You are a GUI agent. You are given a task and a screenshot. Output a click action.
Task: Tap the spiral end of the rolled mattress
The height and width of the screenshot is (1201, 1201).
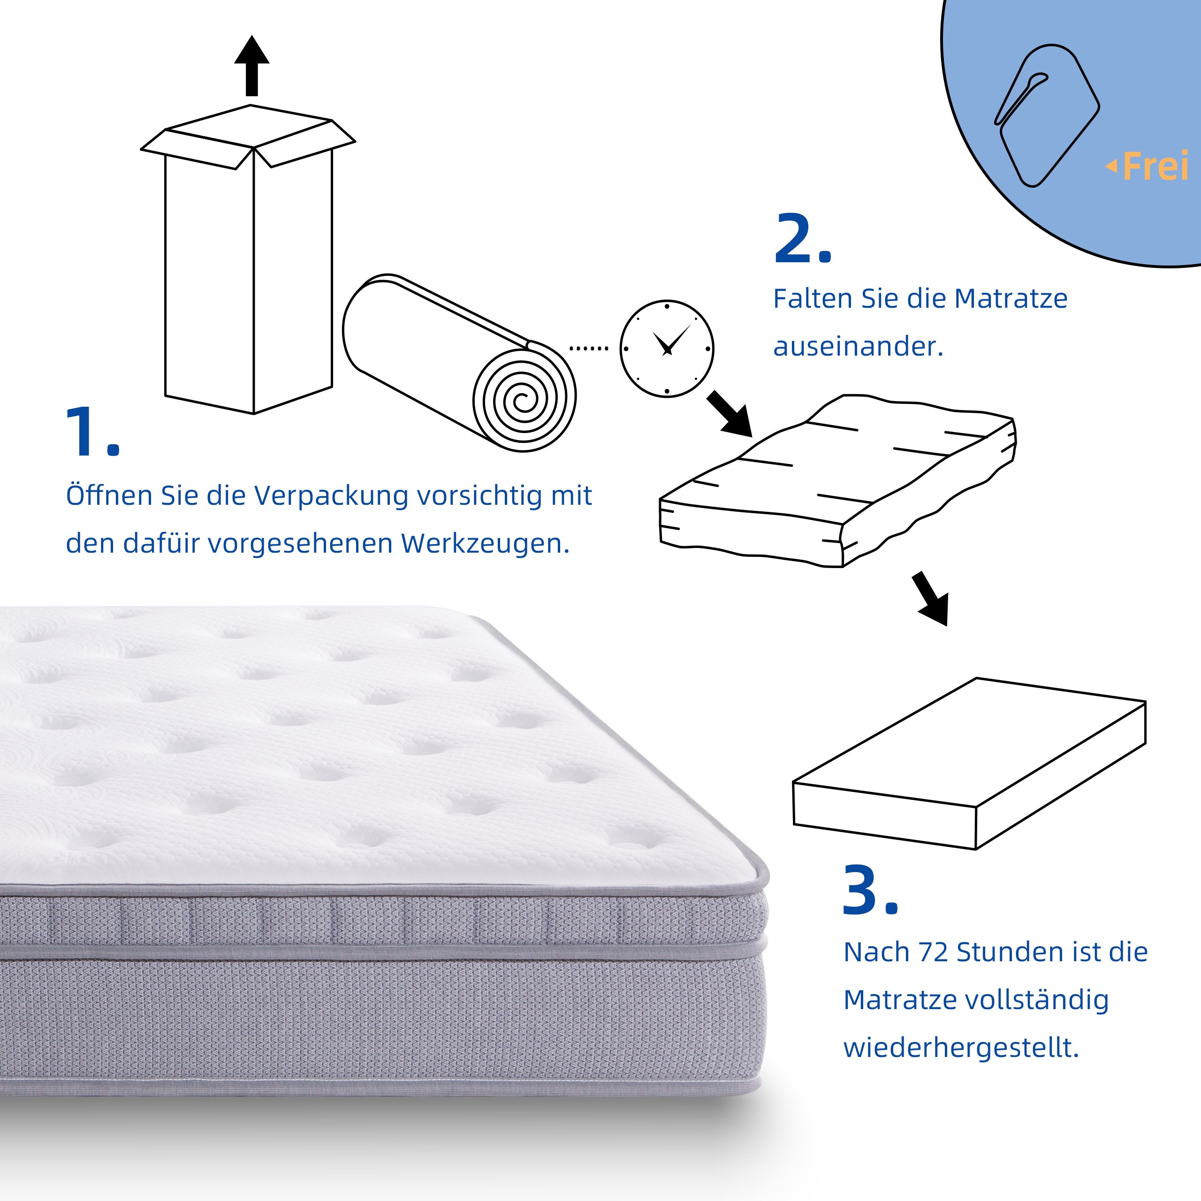[524, 398]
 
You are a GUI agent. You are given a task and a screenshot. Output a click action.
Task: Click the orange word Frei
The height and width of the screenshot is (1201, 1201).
[1155, 167]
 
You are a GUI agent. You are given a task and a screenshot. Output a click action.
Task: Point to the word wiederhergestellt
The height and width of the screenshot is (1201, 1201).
[960, 1048]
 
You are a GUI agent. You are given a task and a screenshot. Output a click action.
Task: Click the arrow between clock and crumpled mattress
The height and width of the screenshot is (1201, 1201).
[731, 414]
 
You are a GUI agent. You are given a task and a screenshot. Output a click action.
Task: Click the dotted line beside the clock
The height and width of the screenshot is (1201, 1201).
[589, 349]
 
